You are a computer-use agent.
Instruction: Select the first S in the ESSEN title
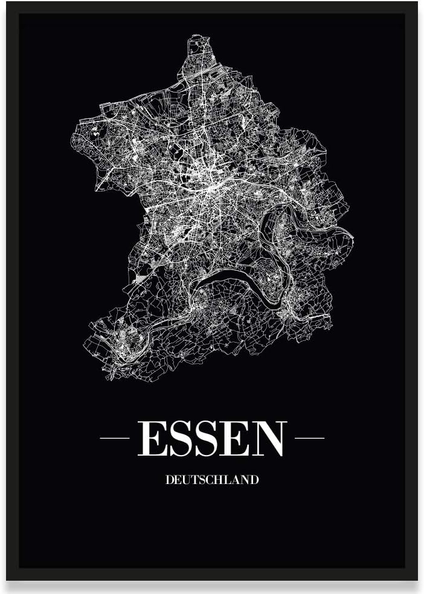pos(179,439)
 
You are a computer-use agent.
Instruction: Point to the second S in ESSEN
pos(207,439)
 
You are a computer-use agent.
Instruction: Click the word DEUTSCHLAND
pos(212,480)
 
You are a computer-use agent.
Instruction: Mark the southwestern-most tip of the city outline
pos(109,378)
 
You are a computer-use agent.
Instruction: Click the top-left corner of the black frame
pos(8,4)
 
